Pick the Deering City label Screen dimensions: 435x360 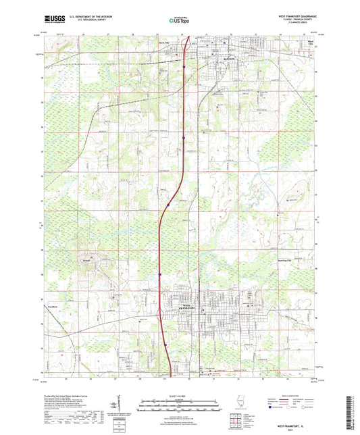point(292,259)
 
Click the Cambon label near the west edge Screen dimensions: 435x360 point(54,305)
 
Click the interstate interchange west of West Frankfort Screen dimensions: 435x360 point(159,313)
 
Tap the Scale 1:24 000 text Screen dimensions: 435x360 point(180,395)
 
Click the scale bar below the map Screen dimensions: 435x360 point(180,405)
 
